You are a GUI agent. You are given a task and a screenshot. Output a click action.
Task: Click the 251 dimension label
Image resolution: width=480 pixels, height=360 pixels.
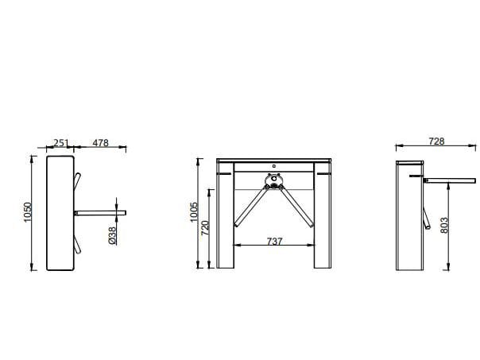point(60,143)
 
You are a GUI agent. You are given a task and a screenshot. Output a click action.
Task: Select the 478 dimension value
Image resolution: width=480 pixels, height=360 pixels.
point(100,143)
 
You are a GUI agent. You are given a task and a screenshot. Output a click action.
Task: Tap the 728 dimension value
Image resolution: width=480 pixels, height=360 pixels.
point(436,141)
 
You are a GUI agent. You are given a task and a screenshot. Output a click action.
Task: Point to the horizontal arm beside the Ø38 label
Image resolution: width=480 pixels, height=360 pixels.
point(99,213)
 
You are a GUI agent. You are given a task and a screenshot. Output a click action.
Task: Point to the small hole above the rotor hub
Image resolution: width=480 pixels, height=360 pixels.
point(273,167)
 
